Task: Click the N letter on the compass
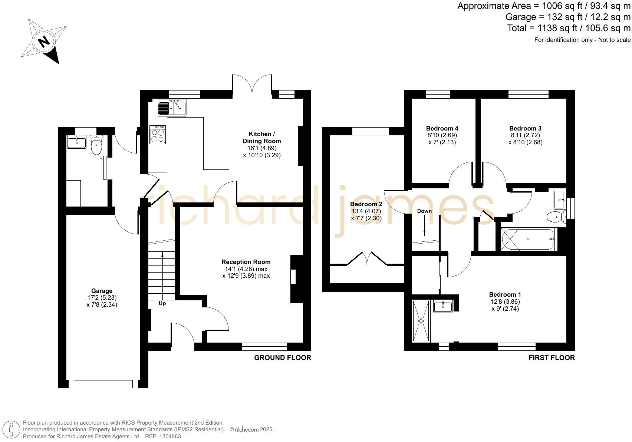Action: (x=44, y=41)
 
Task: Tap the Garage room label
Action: (x=102, y=291)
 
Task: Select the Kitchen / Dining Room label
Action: (x=262, y=138)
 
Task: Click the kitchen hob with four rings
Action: (x=158, y=135)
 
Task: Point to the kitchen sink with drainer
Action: (x=172, y=108)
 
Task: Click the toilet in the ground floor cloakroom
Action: (x=96, y=145)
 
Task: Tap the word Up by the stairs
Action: (x=162, y=304)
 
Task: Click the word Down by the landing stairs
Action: (x=424, y=211)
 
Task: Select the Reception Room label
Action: (x=246, y=262)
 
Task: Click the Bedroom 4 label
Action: (x=442, y=129)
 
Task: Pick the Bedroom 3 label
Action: (x=525, y=129)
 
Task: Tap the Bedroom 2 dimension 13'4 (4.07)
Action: (x=366, y=211)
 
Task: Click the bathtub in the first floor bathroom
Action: (x=528, y=240)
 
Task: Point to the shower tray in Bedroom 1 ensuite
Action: (x=421, y=321)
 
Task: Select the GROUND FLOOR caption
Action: (x=282, y=358)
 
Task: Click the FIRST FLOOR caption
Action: (x=552, y=358)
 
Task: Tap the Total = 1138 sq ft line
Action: (x=569, y=28)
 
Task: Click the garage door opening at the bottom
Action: (x=103, y=384)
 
